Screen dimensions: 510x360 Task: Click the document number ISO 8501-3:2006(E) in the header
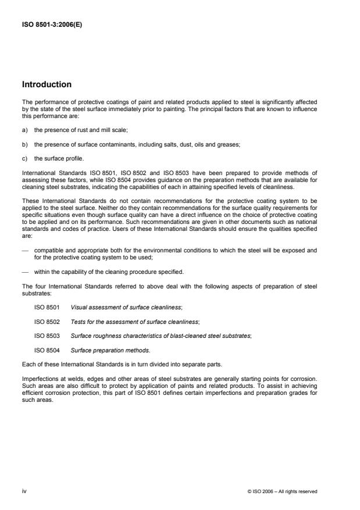pos(52,24)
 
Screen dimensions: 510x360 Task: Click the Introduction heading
pos(47,84)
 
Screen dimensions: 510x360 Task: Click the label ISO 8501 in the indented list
pos(46,305)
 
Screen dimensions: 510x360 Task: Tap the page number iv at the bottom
pos(24,491)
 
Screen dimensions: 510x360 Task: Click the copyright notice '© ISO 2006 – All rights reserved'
pos(282,491)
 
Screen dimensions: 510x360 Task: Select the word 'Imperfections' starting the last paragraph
pos(38,378)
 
